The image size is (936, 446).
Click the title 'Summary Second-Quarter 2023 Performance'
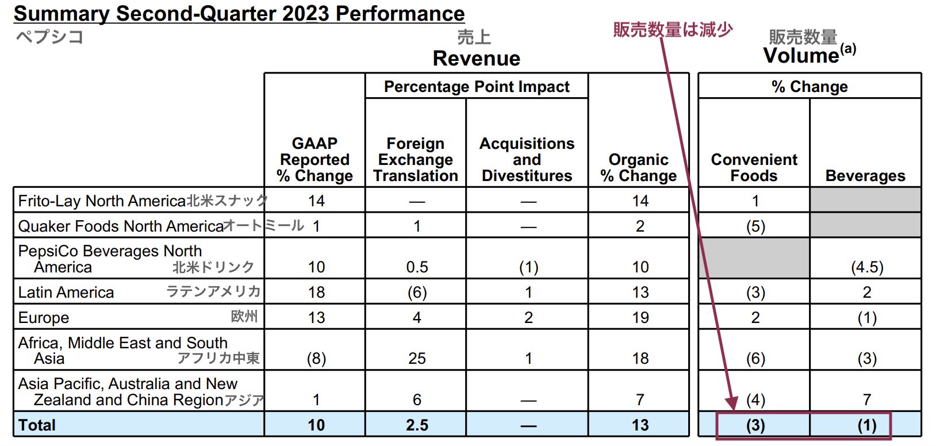pos(239,13)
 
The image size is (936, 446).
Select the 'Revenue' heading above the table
pos(476,58)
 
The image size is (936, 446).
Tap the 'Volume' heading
pos(801,56)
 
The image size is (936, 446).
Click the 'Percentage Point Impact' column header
pos(477,86)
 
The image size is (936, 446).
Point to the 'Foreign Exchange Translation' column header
pos(416,159)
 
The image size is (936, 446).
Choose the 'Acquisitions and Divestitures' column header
pos(527,159)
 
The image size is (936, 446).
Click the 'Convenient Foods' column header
pos(754,167)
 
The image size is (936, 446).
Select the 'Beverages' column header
pos(865,175)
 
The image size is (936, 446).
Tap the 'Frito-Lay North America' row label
pos(102,201)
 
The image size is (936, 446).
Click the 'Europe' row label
pos(44,317)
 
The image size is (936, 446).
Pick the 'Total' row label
pos(37,425)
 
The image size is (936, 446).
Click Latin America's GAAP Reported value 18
pos(316,292)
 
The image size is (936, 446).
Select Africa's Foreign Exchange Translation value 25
pos(417,358)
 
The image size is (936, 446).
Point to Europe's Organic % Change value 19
pos(640,317)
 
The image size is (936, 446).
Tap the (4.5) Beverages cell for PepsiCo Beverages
pos(867,267)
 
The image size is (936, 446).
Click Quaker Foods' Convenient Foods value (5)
pos(755,226)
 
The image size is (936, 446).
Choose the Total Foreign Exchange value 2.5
pos(417,425)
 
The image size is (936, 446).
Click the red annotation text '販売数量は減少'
pos(672,29)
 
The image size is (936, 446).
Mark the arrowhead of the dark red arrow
pos(732,404)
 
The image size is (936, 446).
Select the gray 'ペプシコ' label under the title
pos(49,37)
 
